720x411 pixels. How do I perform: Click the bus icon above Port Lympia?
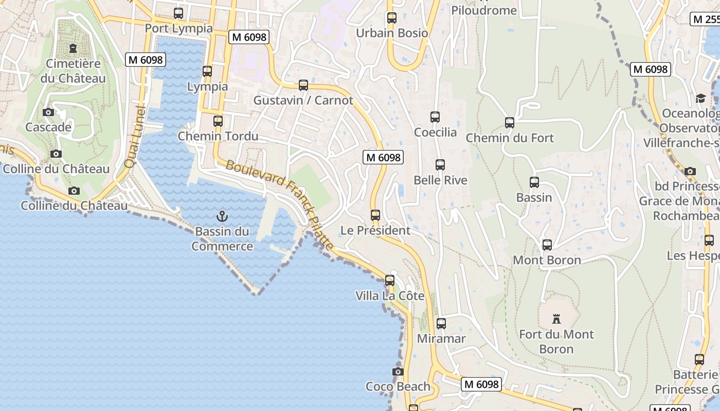tap(178, 13)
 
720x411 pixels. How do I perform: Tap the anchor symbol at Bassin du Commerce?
tap(222, 216)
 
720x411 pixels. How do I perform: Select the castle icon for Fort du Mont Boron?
tap(556, 319)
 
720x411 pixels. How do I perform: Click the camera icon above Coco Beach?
tap(398, 371)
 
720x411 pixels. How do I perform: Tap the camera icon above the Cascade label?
tap(48, 112)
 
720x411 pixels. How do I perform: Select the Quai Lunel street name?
tap(135, 136)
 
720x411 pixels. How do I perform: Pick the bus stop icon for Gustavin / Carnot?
tap(303, 85)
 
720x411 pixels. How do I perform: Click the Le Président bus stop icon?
tap(375, 215)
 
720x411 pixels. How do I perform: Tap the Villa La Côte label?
tap(390, 296)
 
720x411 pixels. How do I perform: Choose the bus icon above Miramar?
tap(441, 324)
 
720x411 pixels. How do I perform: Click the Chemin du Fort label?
tap(510, 138)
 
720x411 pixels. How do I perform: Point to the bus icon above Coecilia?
tap(435, 117)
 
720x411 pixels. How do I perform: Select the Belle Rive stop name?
tap(441, 180)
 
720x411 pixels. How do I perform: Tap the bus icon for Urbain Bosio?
tap(392, 18)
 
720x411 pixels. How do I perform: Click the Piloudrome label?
tap(483, 10)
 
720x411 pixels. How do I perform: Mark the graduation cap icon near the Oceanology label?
tap(700, 98)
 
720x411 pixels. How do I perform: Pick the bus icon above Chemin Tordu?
tap(218, 121)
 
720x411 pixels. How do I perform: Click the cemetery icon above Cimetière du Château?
tap(73, 49)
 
